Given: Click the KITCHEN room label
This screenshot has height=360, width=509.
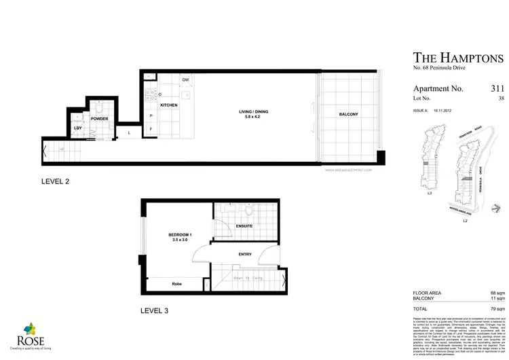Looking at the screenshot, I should click(168, 106).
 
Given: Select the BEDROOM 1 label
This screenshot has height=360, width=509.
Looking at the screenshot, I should click(181, 235).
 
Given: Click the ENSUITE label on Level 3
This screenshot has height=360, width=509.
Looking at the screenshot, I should click(244, 226).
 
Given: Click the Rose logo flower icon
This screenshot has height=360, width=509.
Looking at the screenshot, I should click(21, 329).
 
